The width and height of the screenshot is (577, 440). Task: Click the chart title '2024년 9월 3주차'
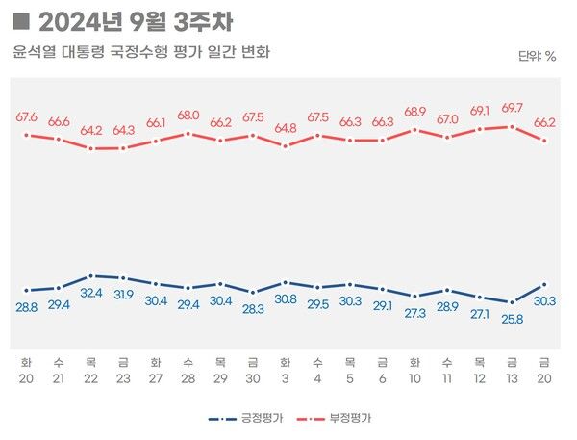click(135, 20)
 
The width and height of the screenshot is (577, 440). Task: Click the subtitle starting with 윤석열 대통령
click(141, 51)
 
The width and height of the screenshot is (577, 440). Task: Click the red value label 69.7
click(512, 108)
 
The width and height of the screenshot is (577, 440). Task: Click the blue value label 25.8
click(512, 319)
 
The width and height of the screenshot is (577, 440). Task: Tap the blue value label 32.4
click(91, 293)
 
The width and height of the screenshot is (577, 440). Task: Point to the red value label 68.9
click(414, 112)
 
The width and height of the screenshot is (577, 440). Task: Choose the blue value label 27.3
click(414, 313)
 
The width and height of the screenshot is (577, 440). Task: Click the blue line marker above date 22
click(91, 275)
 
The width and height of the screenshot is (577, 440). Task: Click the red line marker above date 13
click(512, 126)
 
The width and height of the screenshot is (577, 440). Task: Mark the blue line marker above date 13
click(512, 302)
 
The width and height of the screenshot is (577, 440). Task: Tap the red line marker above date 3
click(286, 146)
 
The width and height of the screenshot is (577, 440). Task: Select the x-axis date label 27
click(156, 378)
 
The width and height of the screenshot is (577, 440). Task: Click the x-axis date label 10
click(414, 378)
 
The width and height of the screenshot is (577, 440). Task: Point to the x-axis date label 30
click(253, 378)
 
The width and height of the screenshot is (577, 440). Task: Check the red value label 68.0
click(188, 116)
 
